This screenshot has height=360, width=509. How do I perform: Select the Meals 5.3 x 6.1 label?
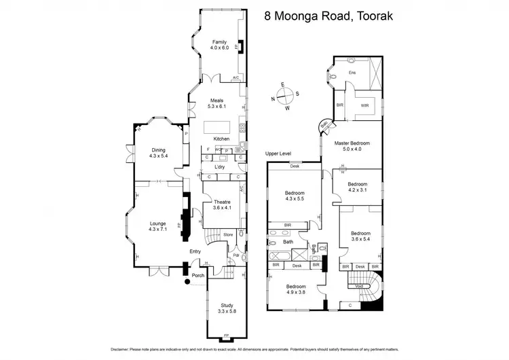(x=216, y=103)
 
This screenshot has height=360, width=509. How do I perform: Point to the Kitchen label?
(x=222, y=139)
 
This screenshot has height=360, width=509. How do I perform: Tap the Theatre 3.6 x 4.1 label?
(x=222, y=205)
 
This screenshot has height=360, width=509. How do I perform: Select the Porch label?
(x=198, y=275)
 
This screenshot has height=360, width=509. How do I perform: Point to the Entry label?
(x=195, y=252)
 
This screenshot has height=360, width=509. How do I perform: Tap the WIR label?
(x=364, y=105)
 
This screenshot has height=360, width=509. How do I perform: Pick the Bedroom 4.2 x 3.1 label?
(x=358, y=187)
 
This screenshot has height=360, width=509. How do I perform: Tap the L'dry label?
(x=219, y=166)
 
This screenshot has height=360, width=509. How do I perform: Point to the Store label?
(x=228, y=236)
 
